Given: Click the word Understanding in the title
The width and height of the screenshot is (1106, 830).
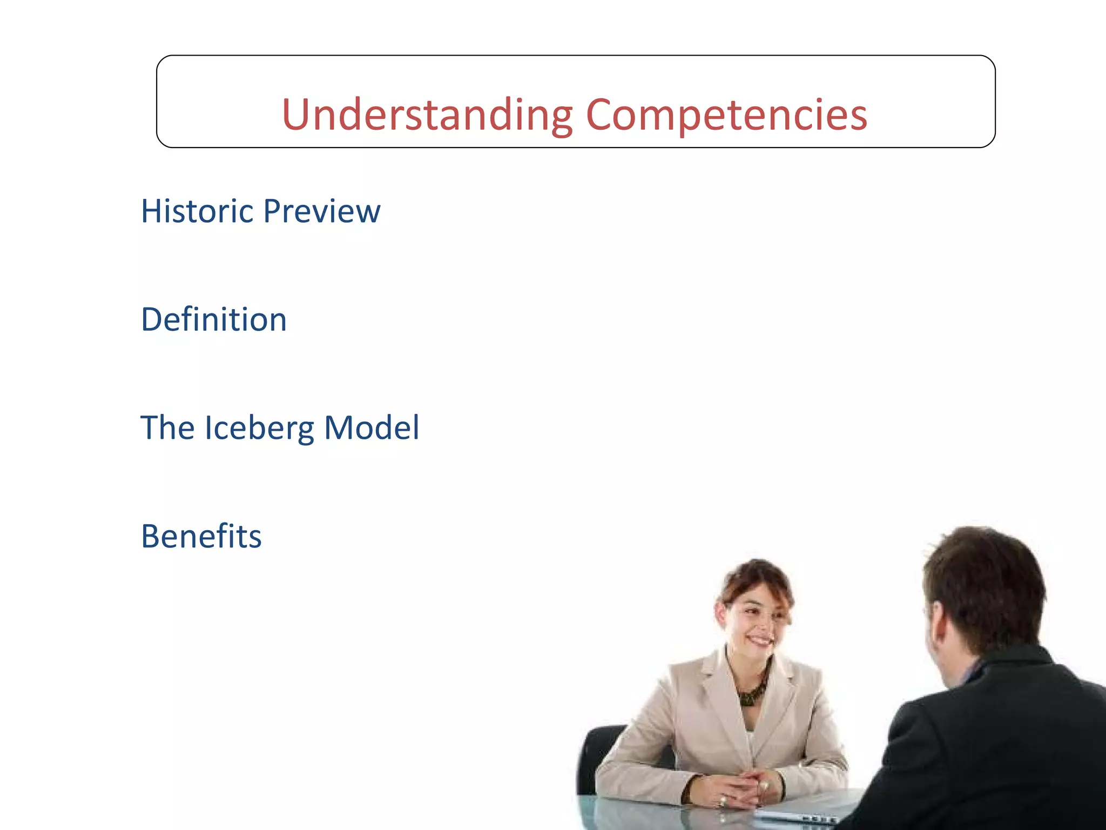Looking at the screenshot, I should pyautogui.click(x=427, y=115).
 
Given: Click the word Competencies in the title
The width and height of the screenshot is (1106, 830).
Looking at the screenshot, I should pyautogui.click(x=726, y=115).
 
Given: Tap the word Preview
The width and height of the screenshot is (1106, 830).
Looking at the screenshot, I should pyautogui.click(x=322, y=211).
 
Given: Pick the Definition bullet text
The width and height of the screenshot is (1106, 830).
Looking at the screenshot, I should pyautogui.click(x=214, y=319).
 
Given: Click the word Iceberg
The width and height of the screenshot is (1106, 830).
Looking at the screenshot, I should pyautogui.click(x=259, y=428).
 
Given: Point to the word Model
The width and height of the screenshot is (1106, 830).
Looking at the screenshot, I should pyautogui.click(x=372, y=428).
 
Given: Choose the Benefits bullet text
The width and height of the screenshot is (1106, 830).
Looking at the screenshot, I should pyautogui.click(x=201, y=536).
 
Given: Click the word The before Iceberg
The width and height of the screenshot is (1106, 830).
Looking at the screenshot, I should pyautogui.click(x=167, y=428).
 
